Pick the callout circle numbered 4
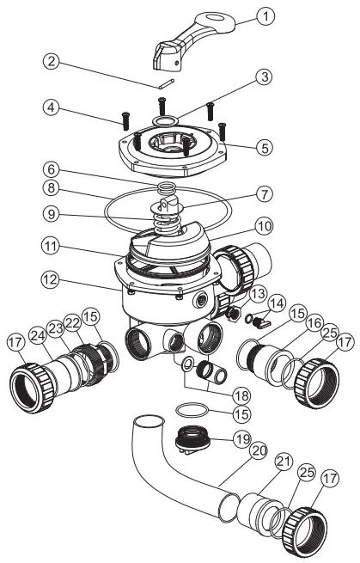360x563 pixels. click(x=54, y=108)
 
